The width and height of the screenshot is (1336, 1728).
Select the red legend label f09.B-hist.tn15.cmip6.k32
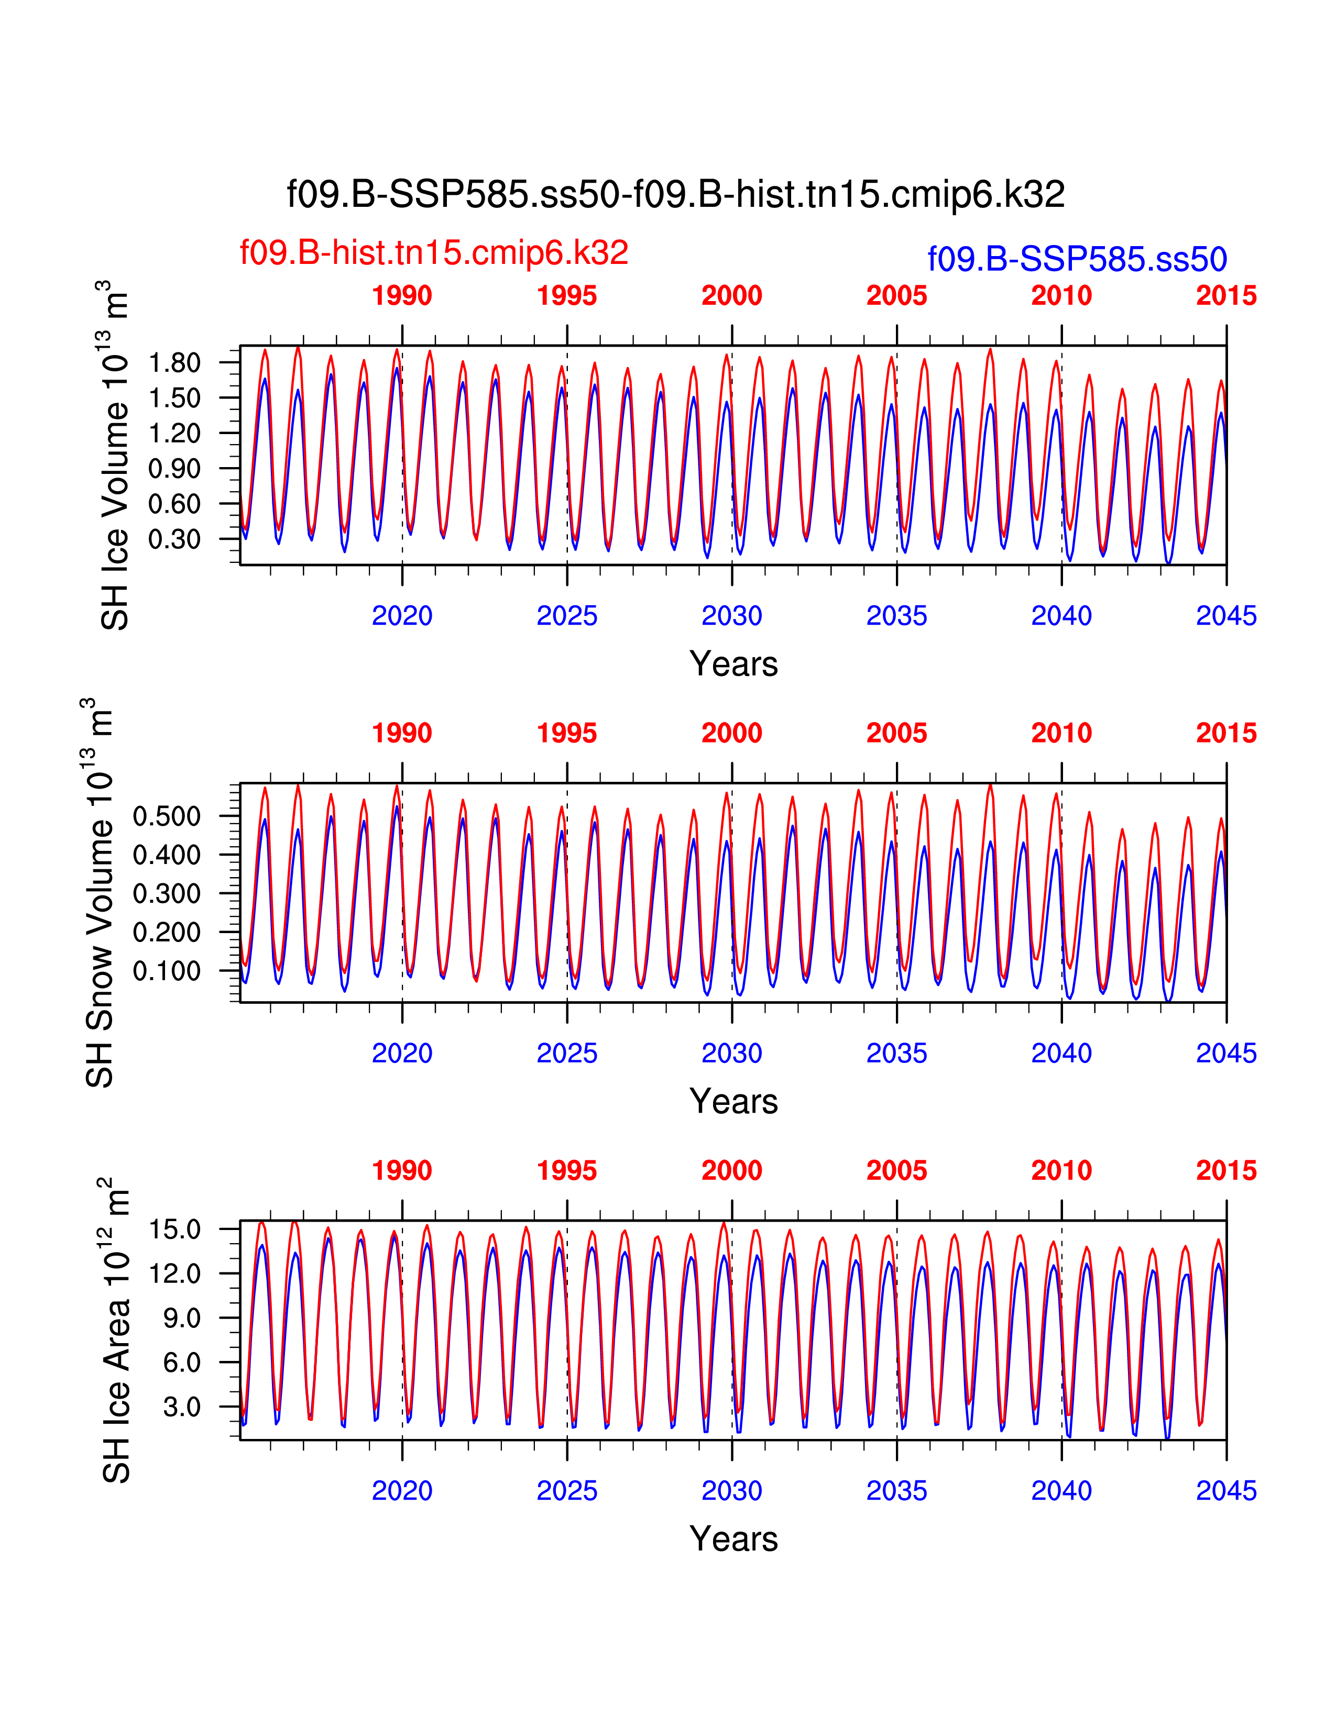coord(434,252)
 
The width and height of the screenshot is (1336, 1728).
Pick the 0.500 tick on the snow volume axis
coord(166,816)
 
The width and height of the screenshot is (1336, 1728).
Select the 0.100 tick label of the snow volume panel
coord(166,971)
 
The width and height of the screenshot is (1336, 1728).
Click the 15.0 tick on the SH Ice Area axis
coord(175,1229)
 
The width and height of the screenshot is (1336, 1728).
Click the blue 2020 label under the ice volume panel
coord(402,616)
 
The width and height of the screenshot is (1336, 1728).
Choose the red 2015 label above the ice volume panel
coord(1226,296)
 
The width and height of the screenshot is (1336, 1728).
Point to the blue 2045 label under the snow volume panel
coord(1226,1053)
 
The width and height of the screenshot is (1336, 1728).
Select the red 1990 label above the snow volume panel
coord(402,734)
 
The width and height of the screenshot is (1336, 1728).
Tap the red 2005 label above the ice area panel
coord(896,1171)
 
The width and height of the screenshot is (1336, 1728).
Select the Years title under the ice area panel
coord(733,1539)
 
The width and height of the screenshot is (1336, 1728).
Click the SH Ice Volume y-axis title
coord(114,455)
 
